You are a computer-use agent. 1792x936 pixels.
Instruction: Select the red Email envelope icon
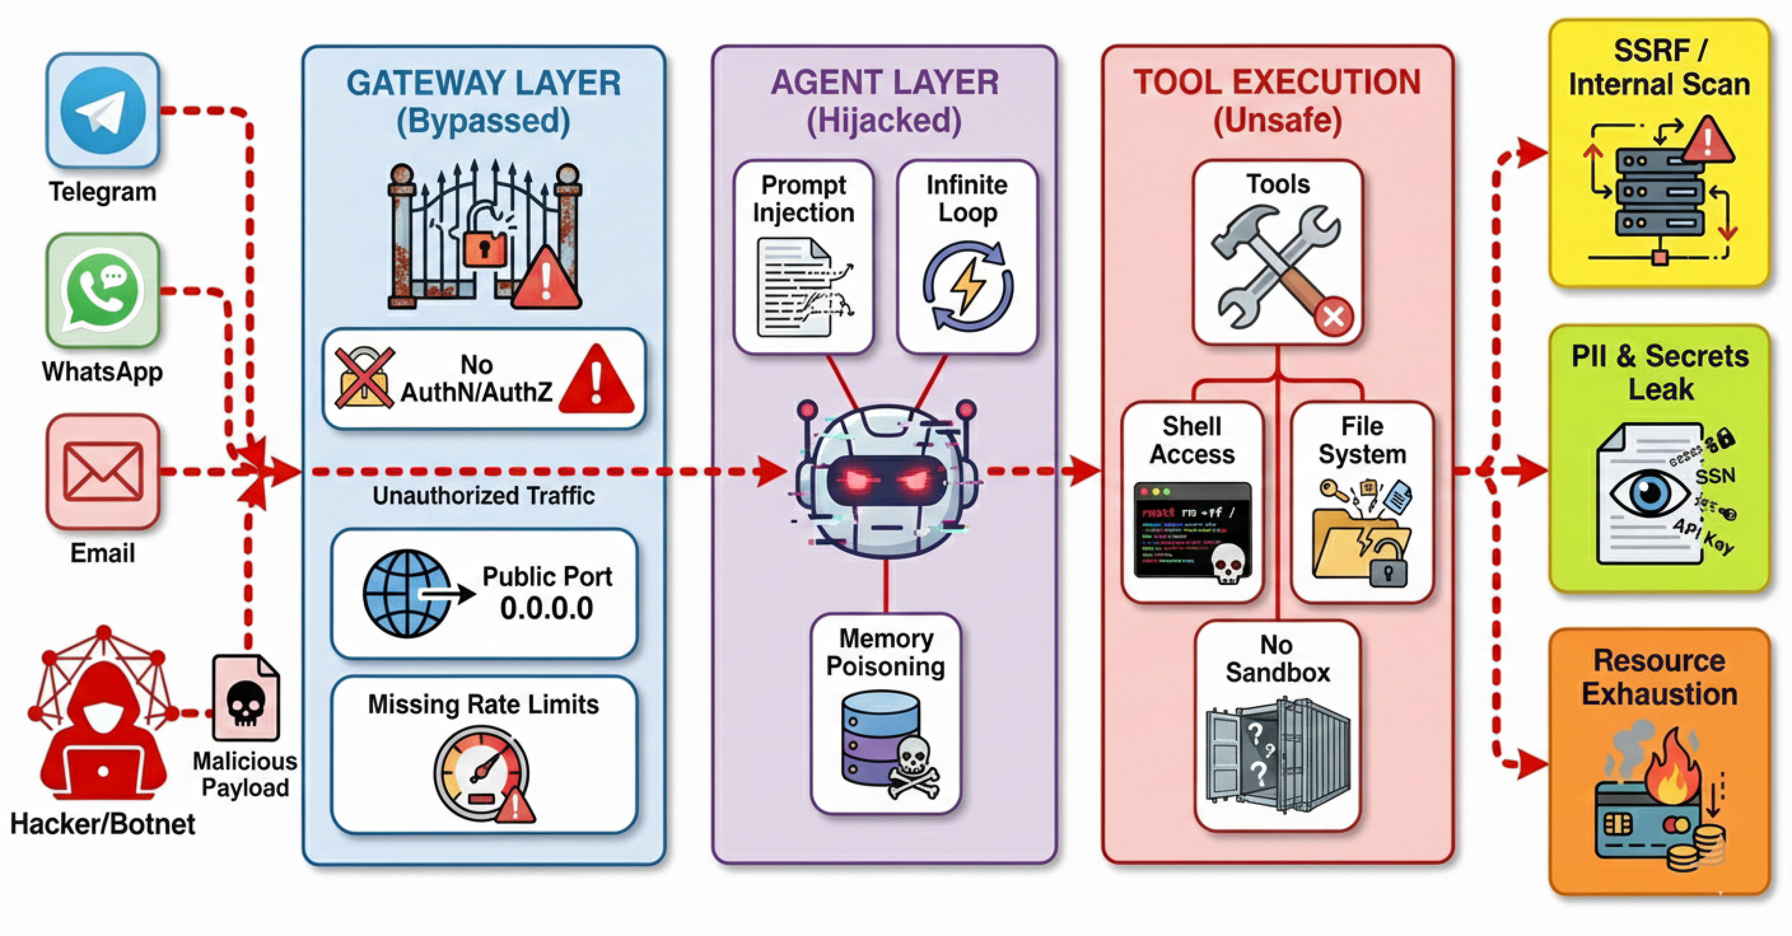click(x=103, y=472)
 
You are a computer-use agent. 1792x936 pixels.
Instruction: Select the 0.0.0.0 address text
click(x=547, y=608)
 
